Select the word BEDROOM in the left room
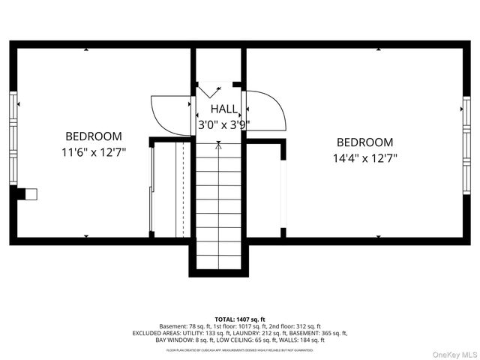(94, 136)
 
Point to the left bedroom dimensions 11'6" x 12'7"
(94, 152)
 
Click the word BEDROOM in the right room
(364, 142)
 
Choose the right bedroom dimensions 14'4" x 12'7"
(364, 158)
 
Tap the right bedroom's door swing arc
(267, 111)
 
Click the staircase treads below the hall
(219, 202)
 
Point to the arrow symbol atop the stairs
(219, 146)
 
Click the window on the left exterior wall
(12, 138)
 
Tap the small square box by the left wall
(31, 193)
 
